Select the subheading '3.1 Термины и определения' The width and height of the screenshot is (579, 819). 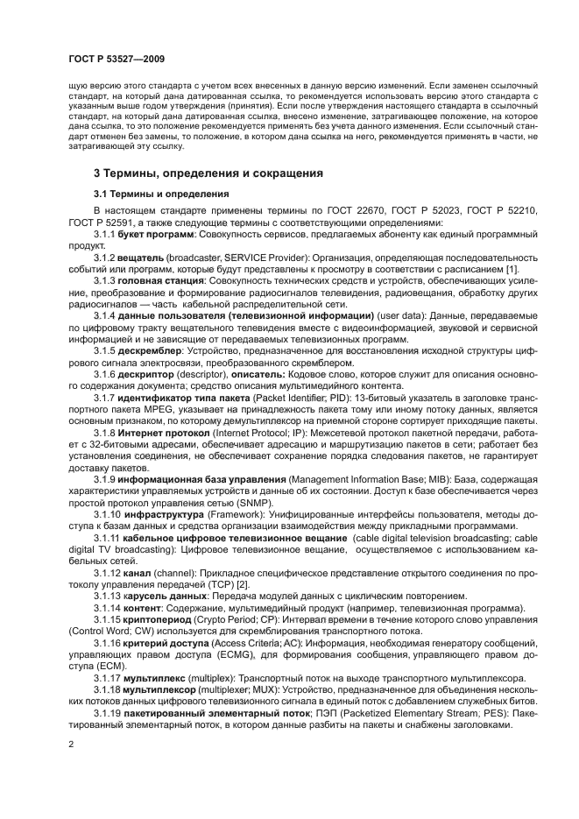161,194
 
